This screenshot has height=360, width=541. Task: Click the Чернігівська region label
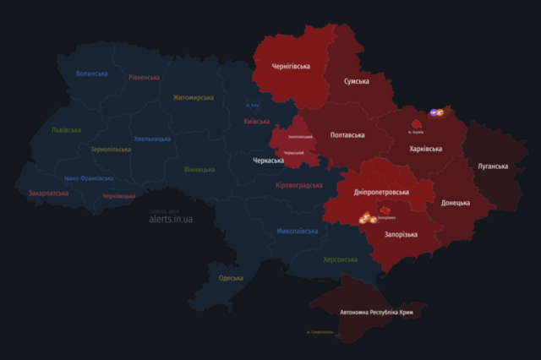coord(291,66)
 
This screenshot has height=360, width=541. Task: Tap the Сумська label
coord(356,81)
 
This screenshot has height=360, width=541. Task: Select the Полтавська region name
coord(347,135)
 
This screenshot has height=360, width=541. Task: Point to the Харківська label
coord(425,149)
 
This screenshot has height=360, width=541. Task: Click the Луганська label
coord(493,166)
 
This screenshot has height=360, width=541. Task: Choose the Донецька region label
coord(456,203)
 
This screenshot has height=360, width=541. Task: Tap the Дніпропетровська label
coord(380,192)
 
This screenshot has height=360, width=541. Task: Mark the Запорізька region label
coord(401,234)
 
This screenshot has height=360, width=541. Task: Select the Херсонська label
coord(341,259)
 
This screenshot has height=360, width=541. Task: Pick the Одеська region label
coord(231,278)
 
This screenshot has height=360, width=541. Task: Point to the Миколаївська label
coord(298,231)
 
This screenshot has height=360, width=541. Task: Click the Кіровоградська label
coord(299,184)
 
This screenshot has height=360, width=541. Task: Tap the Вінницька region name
coord(199,169)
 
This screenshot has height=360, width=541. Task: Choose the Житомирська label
coord(194,97)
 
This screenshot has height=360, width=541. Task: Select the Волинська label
coord(92,74)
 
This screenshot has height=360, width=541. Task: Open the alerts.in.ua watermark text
coord(171,219)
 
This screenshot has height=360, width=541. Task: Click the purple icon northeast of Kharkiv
coord(433,112)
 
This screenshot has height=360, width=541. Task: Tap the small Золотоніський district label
coord(300,136)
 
